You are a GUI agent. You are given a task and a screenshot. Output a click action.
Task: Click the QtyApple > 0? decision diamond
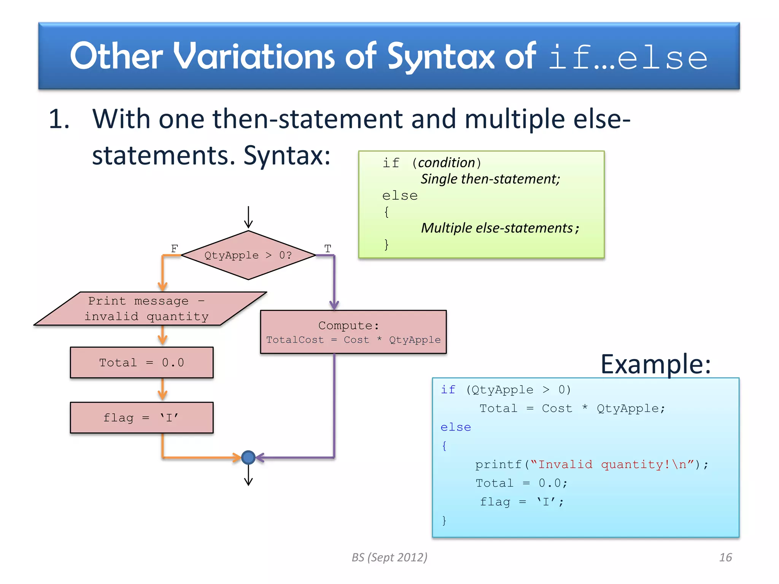[x=248, y=255]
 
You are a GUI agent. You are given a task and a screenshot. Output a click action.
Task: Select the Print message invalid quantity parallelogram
[x=149, y=309]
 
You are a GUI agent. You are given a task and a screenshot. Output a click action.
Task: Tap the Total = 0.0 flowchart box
[x=141, y=362]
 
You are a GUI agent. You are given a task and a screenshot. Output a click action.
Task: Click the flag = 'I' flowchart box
[x=141, y=417]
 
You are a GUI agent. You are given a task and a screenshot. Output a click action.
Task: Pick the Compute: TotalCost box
[x=353, y=332]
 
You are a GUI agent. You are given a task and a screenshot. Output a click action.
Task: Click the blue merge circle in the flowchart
[x=248, y=457]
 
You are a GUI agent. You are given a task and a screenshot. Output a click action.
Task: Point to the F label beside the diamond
[x=174, y=248]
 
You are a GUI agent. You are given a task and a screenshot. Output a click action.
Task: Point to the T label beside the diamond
[x=327, y=248]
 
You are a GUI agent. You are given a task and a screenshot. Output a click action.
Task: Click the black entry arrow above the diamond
[x=248, y=217]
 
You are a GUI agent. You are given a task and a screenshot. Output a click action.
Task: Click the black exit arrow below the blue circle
[x=248, y=475]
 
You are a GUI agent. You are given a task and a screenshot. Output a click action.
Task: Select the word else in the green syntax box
[x=400, y=196]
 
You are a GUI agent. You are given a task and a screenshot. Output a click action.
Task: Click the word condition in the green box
[x=447, y=163]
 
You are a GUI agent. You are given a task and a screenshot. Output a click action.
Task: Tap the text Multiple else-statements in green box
[x=497, y=228]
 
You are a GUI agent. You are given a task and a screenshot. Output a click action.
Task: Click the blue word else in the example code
[x=455, y=427]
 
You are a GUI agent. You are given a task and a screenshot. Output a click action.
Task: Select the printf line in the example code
[x=591, y=465]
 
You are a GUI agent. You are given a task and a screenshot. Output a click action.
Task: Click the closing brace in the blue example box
[x=444, y=520]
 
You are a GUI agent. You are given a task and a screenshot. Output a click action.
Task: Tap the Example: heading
[x=655, y=364]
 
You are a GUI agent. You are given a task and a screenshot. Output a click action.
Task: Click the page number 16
[x=725, y=557]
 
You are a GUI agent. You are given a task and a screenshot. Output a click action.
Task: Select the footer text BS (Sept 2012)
[x=389, y=557]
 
